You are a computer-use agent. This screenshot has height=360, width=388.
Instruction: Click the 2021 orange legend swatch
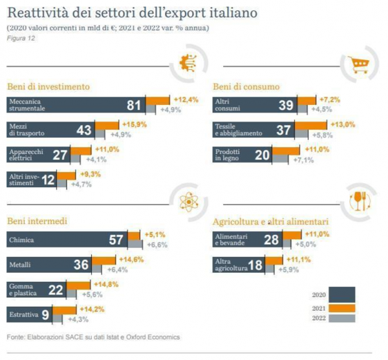click(342, 309)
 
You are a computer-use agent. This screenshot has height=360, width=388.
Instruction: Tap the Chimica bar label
click(23, 240)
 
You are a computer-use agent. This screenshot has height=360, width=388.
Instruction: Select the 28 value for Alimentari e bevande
click(272, 240)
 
